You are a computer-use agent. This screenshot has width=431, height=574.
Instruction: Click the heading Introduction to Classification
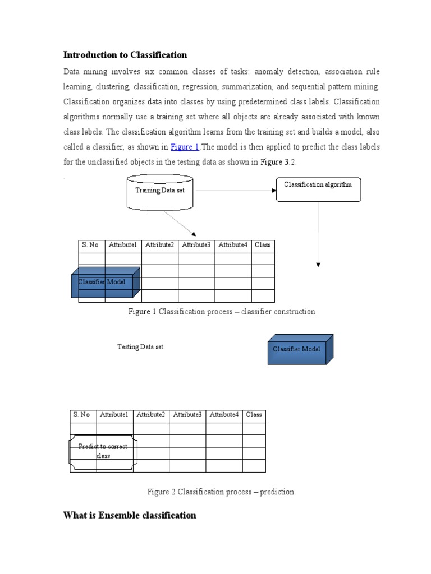tap(125, 55)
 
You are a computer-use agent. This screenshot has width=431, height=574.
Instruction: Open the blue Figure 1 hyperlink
tap(185, 147)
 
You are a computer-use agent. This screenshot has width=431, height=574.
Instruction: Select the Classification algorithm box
tap(318, 189)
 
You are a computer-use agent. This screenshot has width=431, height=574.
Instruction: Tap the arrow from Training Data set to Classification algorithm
tap(236, 191)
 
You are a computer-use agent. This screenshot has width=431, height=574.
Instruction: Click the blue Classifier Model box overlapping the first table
tap(104, 282)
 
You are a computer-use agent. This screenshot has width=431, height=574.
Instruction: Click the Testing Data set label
tap(140, 347)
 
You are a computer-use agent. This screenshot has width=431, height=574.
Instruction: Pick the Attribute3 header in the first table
tap(196, 245)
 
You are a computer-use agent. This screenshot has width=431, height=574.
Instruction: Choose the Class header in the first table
tap(263, 245)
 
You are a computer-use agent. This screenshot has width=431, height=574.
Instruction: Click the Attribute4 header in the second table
tap(224, 415)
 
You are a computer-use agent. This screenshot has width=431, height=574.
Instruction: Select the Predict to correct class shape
tap(103, 451)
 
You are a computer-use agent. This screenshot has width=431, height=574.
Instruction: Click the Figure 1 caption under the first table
tap(222, 312)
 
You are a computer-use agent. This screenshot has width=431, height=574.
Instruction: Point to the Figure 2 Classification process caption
tap(221, 492)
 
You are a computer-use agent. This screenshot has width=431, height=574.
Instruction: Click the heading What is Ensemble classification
tap(130, 515)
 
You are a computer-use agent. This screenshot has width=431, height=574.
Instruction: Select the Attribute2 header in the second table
tap(150, 415)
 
